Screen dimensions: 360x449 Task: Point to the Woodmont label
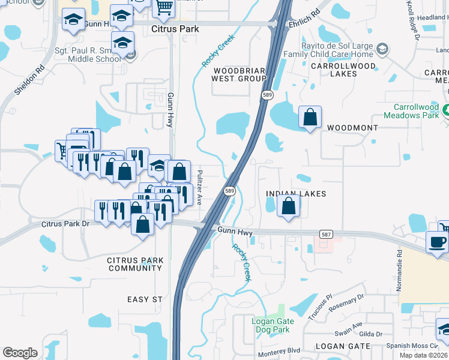pyautogui.click(x=352, y=128)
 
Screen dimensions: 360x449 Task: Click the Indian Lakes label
pyautogui.click(x=296, y=194)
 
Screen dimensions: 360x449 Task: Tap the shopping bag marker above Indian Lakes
pyautogui.click(x=289, y=207)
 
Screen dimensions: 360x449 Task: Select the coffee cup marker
pyautogui.click(x=437, y=242)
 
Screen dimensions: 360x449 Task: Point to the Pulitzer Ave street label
pyautogui.click(x=200, y=187)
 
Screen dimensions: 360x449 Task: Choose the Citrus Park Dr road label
pyautogui.click(x=65, y=224)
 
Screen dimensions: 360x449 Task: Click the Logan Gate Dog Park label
pyautogui.click(x=271, y=325)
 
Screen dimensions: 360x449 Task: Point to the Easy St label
pyautogui.click(x=145, y=299)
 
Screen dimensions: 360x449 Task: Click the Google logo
pyautogui.click(x=20, y=353)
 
